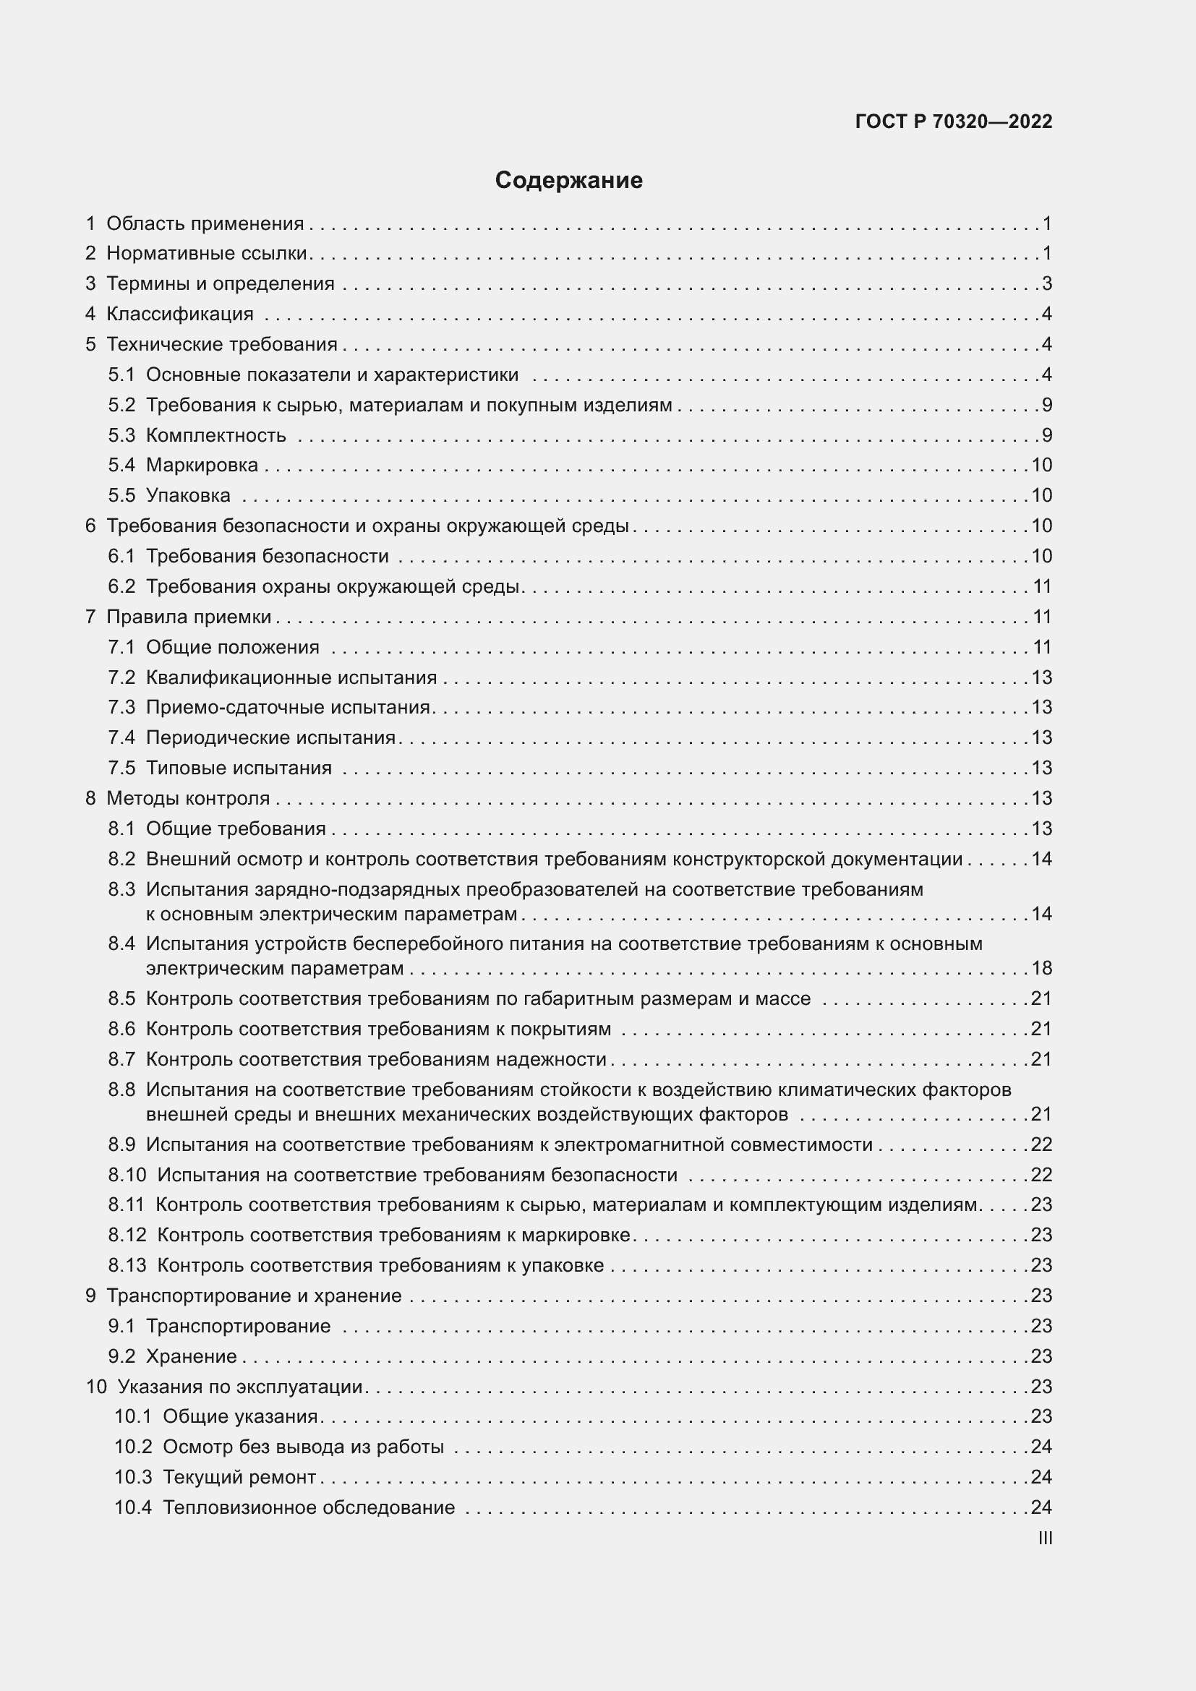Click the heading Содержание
pos(568,181)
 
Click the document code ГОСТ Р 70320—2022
pos(954,121)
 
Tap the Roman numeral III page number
pos(1044,1538)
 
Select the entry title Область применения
pos(205,223)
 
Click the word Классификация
pos(180,314)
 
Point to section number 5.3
pos(121,435)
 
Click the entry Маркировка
pos(202,466)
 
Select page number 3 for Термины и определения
pos(1046,283)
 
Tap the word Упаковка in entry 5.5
pos(188,496)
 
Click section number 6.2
pos(121,587)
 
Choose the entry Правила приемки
pos(189,617)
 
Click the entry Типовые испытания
pos(239,769)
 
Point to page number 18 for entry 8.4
pos(1041,969)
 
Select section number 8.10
pos(127,1175)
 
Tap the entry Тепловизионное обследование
pos(309,1507)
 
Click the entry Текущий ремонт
pos(239,1478)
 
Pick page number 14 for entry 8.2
pos(1041,860)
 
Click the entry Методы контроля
pos(188,798)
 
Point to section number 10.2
pos(132,1447)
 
